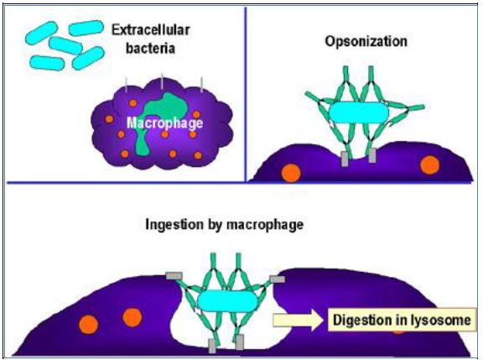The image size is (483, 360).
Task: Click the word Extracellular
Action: (x=151, y=30)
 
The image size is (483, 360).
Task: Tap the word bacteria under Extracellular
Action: (x=151, y=49)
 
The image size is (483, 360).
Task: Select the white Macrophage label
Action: (x=165, y=123)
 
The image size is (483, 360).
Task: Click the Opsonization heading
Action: (x=366, y=42)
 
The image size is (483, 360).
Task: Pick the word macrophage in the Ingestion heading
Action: (x=265, y=225)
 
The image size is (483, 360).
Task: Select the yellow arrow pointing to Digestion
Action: (x=298, y=320)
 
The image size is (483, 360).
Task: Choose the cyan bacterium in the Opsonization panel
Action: (x=359, y=113)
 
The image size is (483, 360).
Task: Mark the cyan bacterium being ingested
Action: (x=227, y=300)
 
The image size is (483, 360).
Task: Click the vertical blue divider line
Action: (x=246, y=95)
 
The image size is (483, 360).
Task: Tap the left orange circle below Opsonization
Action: (x=291, y=173)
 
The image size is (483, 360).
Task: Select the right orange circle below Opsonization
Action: (x=430, y=165)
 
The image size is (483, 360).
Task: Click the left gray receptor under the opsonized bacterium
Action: (x=345, y=159)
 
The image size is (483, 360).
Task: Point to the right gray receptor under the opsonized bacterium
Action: (x=372, y=155)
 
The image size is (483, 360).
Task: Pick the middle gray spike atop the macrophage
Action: (x=162, y=81)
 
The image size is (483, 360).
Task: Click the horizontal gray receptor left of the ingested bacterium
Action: (x=174, y=276)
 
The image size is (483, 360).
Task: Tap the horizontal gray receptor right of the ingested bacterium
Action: (x=278, y=279)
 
